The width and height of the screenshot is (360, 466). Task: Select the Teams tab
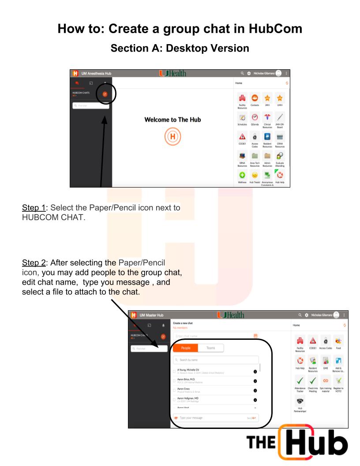[x=210, y=348]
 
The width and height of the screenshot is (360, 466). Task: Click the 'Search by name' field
[x=216, y=361]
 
